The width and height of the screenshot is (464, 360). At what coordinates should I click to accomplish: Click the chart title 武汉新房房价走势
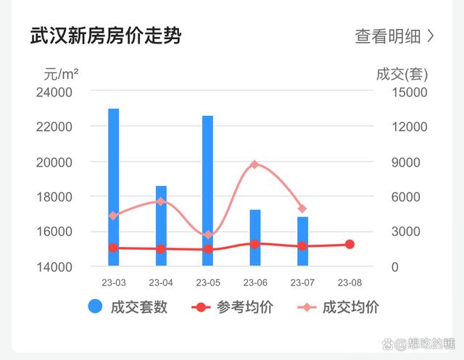(x=106, y=35)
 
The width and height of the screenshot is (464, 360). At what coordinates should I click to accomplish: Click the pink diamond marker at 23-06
(x=254, y=164)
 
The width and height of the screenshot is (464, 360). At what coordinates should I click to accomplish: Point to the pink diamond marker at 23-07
(x=302, y=209)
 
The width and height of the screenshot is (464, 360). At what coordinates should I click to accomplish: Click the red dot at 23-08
(x=349, y=245)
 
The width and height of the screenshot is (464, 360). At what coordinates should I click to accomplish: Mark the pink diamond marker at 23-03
(x=114, y=215)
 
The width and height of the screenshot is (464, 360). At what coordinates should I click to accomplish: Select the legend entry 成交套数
(x=129, y=307)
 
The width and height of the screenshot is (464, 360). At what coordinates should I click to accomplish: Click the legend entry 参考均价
(x=233, y=307)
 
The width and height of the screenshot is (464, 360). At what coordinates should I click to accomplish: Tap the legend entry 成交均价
(x=339, y=307)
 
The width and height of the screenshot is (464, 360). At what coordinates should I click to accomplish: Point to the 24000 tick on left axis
(x=55, y=92)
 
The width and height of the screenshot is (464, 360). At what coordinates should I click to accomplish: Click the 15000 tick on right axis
(x=410, y=92)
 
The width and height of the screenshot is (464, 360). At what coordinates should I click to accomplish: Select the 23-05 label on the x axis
(x=207, y=282)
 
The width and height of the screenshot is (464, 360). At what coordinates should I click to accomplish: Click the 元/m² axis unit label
(x=61, y=73)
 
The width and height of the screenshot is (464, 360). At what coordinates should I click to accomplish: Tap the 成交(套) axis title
(x=402, y=73)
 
